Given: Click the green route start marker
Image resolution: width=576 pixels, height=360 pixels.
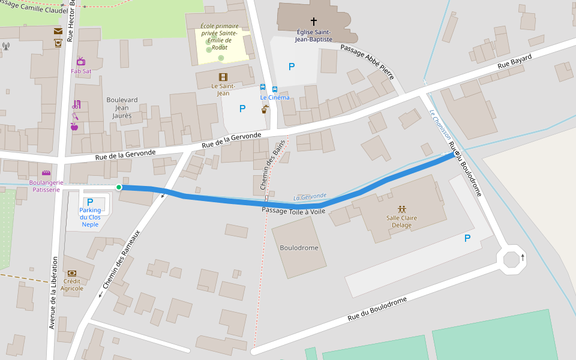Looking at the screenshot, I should pos(119,187).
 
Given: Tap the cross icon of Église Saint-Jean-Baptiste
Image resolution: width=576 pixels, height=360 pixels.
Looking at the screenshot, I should pos(313,22).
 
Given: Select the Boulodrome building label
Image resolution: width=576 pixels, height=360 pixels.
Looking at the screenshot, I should pos(299,248).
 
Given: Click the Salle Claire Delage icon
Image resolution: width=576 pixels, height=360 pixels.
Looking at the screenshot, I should pos(402,209).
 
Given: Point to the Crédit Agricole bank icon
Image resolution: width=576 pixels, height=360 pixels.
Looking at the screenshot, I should pos(72,274).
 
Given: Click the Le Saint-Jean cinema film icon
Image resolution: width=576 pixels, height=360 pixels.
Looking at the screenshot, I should pos(223,77).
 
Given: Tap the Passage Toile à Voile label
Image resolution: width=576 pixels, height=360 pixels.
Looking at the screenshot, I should pos(293,211).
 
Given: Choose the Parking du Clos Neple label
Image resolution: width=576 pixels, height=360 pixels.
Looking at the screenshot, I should pos(90,217).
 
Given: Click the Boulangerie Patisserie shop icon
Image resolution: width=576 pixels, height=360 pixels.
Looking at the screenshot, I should pos(46,173).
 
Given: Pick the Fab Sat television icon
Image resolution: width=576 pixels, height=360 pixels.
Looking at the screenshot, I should pos(81,61).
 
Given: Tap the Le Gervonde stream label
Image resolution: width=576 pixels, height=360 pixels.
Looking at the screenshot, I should pos(310,197).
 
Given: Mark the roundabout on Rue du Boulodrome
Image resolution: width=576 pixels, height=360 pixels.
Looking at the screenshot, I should pos(511,260).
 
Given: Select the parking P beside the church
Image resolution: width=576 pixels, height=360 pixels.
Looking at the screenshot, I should pos(292,67).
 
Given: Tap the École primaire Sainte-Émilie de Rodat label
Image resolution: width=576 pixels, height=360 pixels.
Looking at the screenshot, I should pos(220,37).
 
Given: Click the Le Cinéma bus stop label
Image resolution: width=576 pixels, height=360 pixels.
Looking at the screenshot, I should pos(274,97).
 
